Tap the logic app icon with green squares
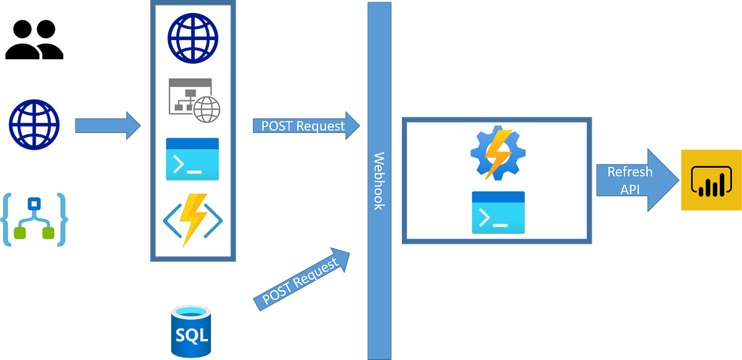(35, 220)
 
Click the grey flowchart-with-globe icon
(193, 101)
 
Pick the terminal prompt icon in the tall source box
(192, 160)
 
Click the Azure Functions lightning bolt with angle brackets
(193, 221)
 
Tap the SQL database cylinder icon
(191, 330)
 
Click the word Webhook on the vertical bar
(378, 181)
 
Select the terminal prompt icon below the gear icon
(498, 212)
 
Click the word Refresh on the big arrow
(629, 172)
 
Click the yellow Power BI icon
(710, 181)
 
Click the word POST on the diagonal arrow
(277, 294)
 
